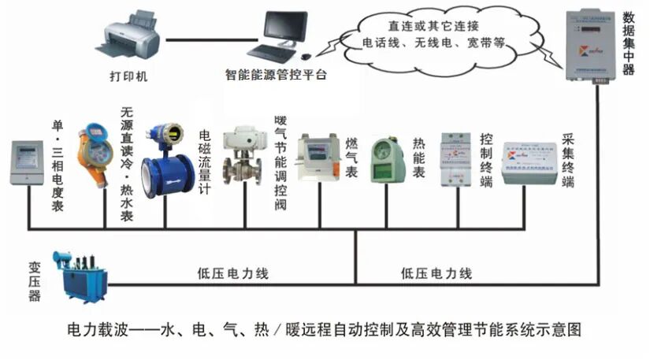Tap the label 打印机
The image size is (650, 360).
pyautogui.click(x=128, y=76)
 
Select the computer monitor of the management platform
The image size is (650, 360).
pyautogui.click(x=284, y=31)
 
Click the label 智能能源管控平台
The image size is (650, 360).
pyautogui.click(x=275, y=76)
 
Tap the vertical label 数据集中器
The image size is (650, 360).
pyautogui.click(x=629, y=43)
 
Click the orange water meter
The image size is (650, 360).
pyautogui.click(x=92, y=157)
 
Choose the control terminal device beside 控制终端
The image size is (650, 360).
pyautogui.click(x=456, y=157)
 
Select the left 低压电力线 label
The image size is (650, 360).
pyautogui.click(x=232, y=275)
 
